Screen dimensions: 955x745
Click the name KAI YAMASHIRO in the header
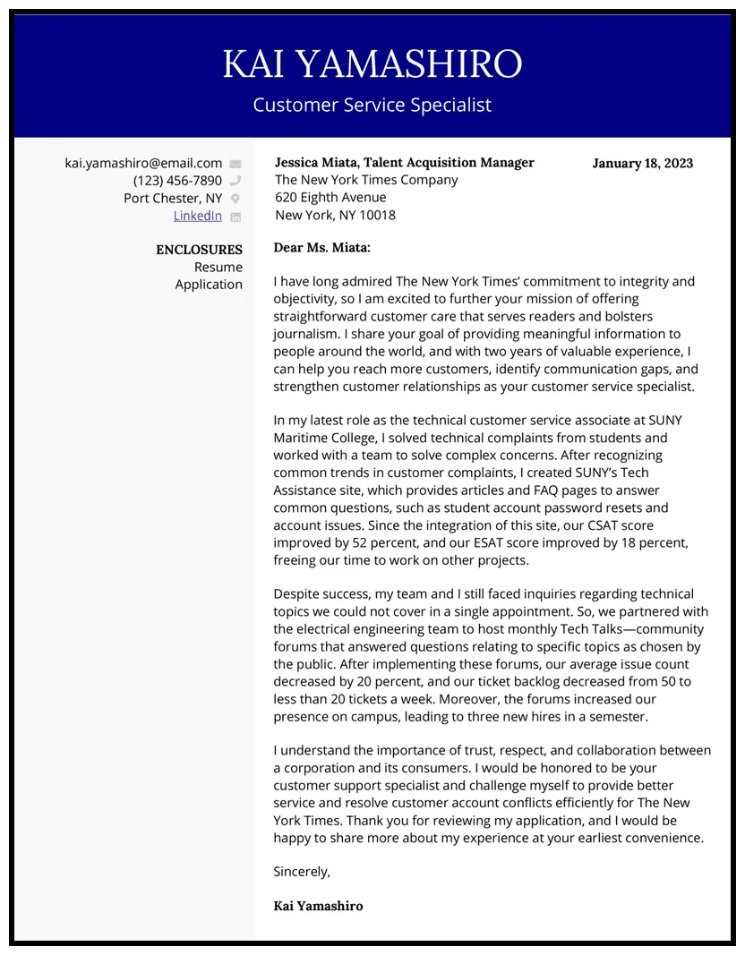point(372,64)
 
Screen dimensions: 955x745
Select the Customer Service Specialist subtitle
point(372,105)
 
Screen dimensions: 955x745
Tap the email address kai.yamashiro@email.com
point(143,163)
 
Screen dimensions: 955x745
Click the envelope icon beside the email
point(235,164)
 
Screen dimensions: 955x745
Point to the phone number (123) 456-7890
point(177,181)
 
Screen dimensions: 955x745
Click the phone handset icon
point(235,181)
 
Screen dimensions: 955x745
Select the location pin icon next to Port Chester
point(235,199)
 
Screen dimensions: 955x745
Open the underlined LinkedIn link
point(197,216)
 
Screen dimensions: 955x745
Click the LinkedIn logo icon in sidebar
point(235,217)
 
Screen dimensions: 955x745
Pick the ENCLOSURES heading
point(199,250)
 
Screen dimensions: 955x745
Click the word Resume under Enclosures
point(218,267)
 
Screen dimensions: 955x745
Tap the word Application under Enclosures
point(209,285)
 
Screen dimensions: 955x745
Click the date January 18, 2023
point(642,163)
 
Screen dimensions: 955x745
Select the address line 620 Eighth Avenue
point(330,197)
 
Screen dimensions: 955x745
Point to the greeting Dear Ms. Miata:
point(321,247)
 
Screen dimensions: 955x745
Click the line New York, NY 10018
point(335,215)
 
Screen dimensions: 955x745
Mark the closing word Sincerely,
point(302,871)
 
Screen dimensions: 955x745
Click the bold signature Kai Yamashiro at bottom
point(318,906)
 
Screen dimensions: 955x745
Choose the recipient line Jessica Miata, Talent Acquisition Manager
point(404,162)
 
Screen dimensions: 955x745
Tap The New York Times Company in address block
point(366,180)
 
